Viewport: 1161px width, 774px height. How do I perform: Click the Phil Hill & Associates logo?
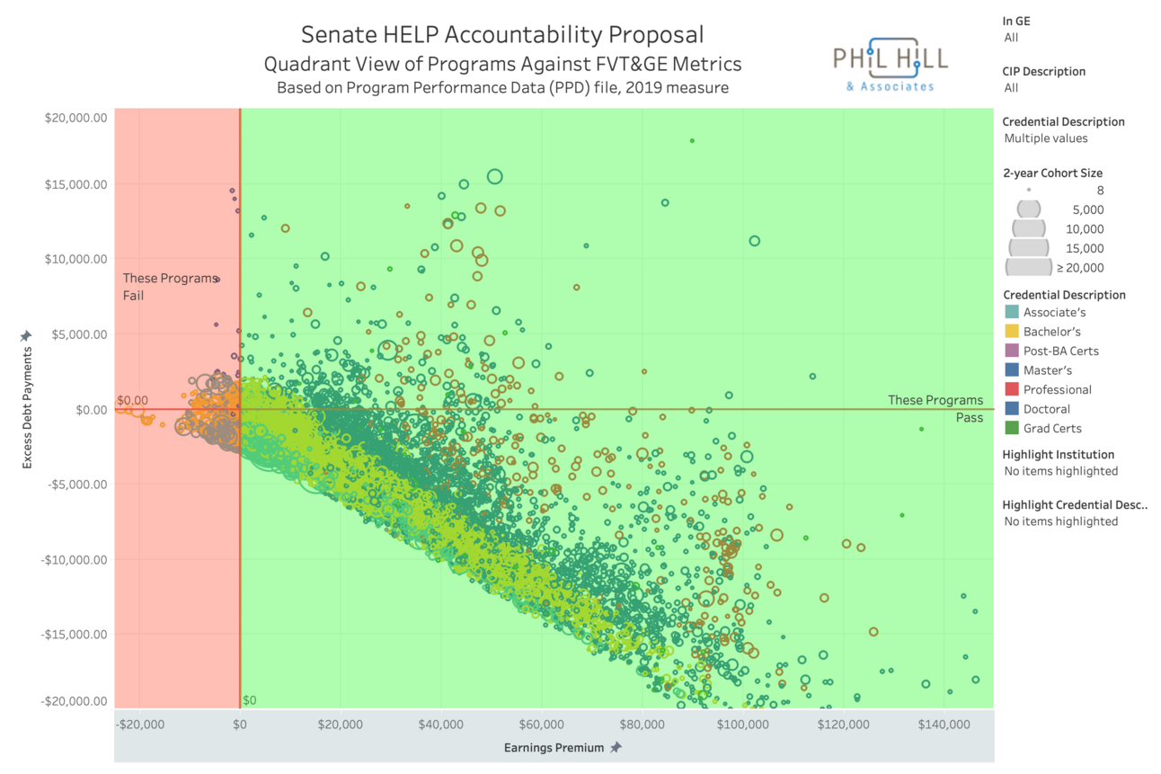pyautogui.click(x=890, y=64)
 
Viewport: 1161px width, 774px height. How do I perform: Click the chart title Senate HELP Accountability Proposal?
pyautogui.click(x=502, y=35)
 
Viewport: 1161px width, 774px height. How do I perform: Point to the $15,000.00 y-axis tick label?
pyautogui.click(x=76, y=184)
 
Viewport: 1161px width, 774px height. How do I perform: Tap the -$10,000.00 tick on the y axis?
pyautogui.click(x=75, y=559)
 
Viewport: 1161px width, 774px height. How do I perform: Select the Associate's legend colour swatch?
pyautogui.click(x=1012, y=312)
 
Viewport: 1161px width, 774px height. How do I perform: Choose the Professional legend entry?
pyautogui.click(x=1057, y=389)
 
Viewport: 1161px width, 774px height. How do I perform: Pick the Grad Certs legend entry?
pyautogui.click(x=1052, y=429)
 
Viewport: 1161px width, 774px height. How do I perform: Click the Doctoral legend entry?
pyautogui.click(x=1047, y=409)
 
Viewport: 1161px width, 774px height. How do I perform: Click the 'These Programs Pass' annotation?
pyautogui.click(x=935, y=408)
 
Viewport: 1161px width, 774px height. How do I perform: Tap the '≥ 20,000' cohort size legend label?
pyautogui.click(x=1080, y=267)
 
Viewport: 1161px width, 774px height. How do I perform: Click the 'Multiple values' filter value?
pyautogui.click(x=1045, y=138)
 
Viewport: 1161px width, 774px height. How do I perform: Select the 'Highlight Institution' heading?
pyautogui.click(x=1058, y=455)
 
